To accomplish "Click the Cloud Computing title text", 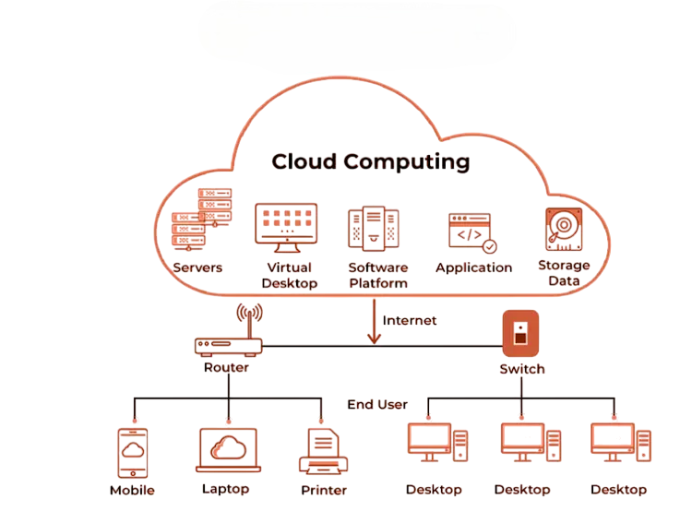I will [370, 162].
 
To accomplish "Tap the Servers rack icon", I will [201, 220].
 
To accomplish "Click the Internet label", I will [410, 321].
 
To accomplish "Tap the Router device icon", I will [229, 346].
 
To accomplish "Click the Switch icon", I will [520, 334].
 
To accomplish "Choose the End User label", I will [377, 405].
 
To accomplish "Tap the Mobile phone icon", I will [132, 452].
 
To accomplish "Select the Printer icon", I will [322, 451].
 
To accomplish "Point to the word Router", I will [226, 367].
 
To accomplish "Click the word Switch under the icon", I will [521, 369].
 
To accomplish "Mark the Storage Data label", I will [564, 274].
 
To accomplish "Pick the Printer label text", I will [322, 490].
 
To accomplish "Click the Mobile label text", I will [132, 491].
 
